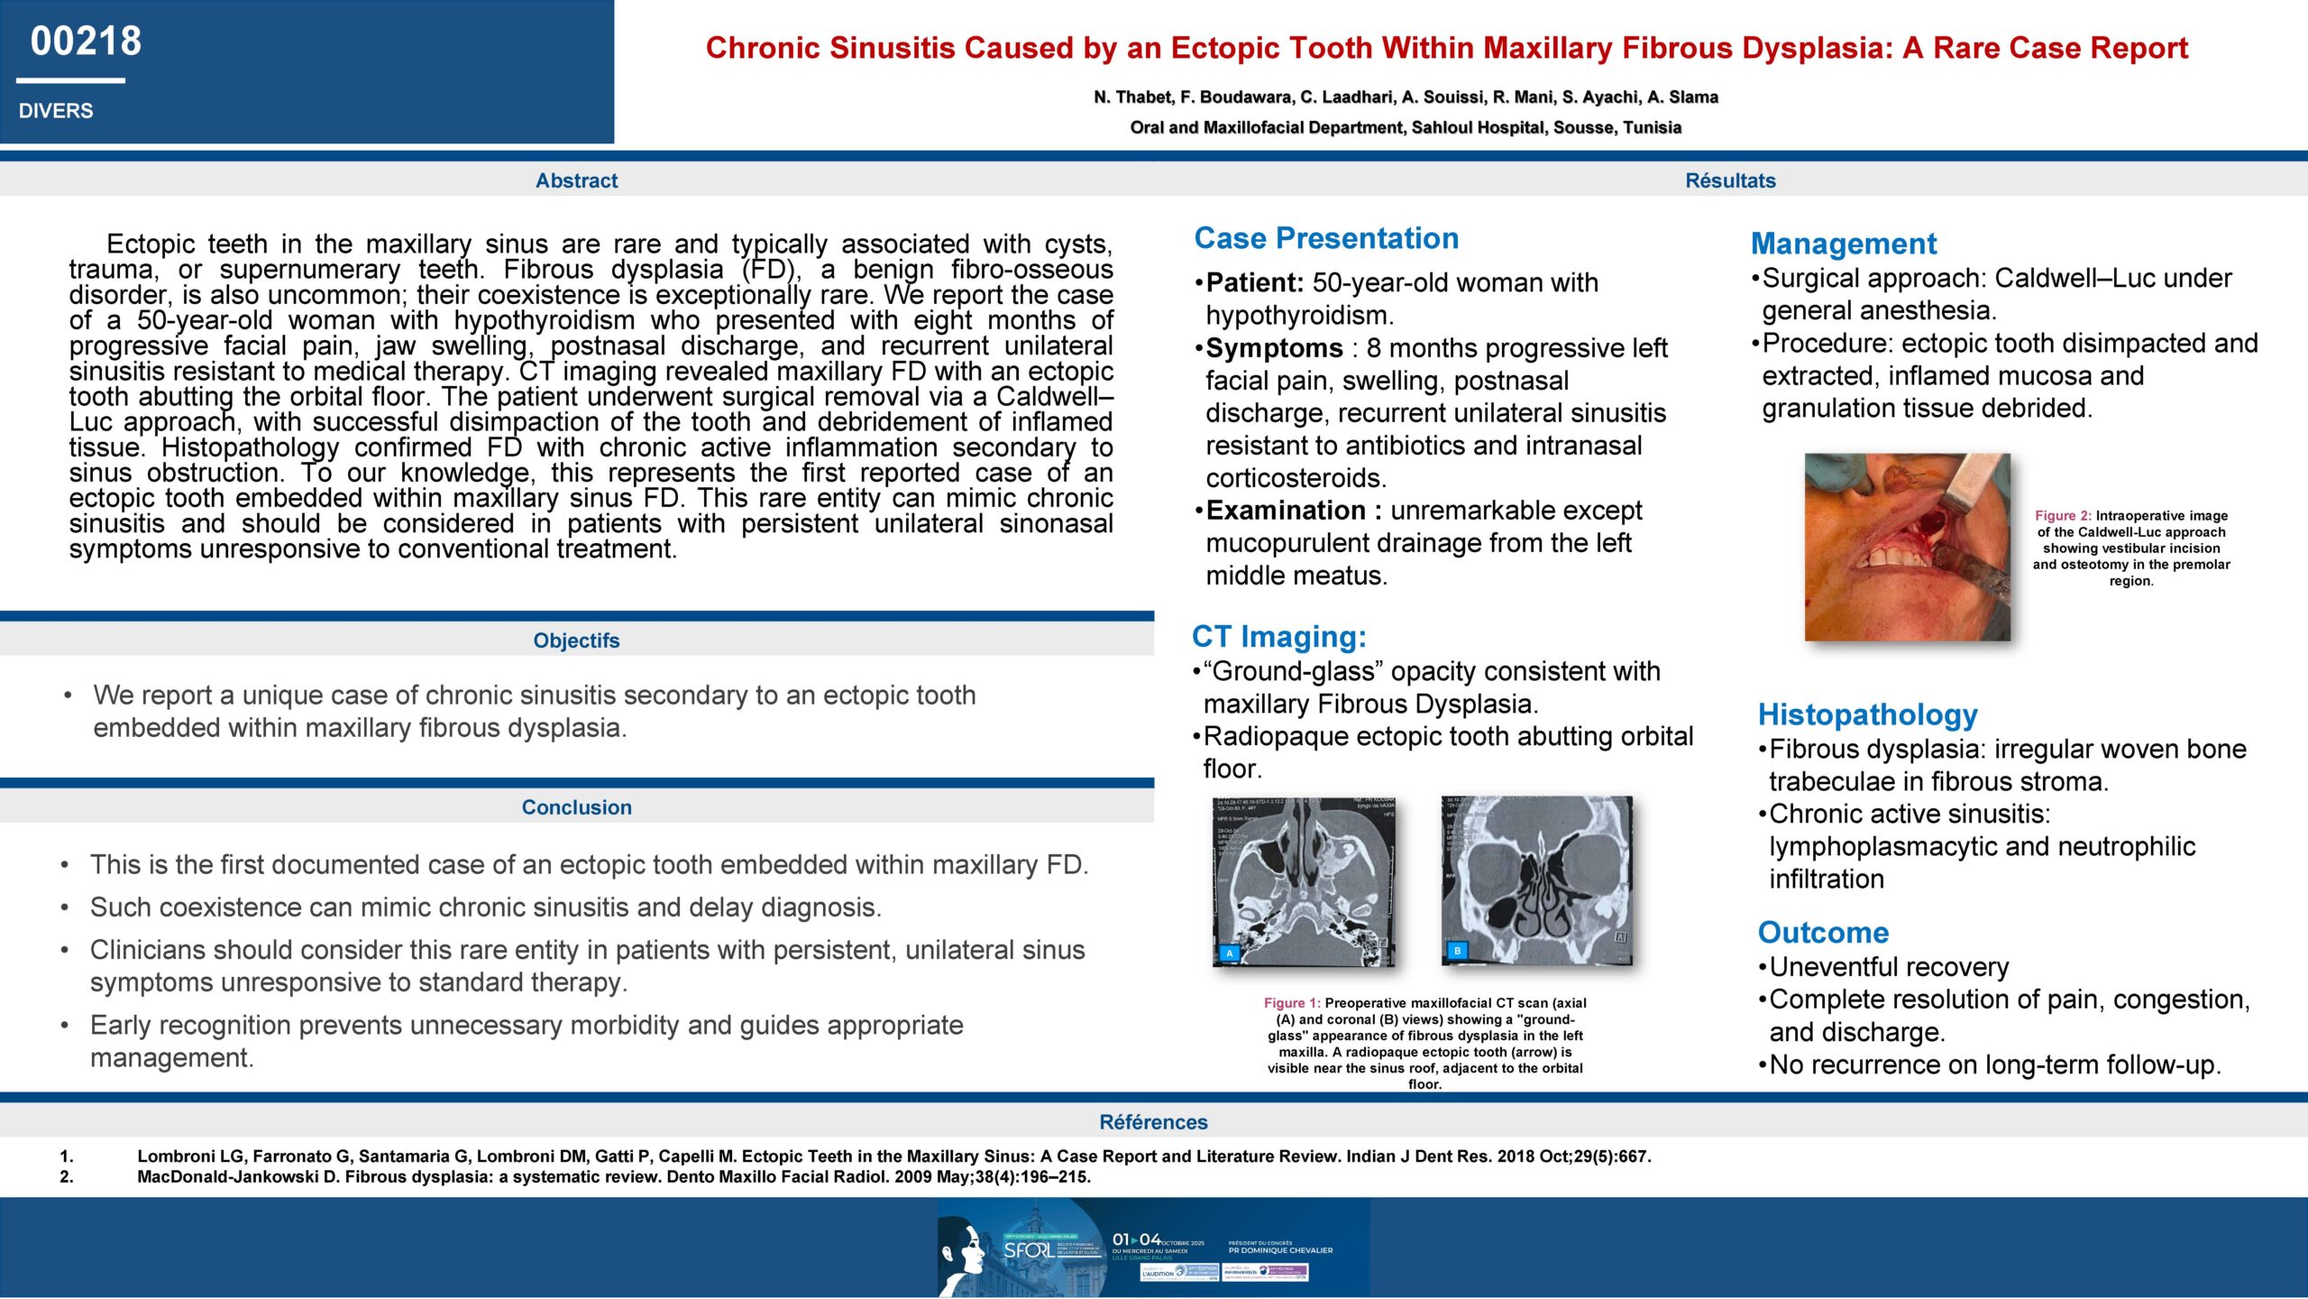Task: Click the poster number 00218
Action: [86, 41]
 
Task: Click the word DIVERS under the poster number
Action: [56, 111]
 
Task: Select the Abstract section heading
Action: [576, 180]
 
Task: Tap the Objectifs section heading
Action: [576, 640]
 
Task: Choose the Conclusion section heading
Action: [576, 807]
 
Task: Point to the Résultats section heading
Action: [1730, 180]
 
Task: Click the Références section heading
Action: [1153, 1122]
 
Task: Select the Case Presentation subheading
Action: [1326, 238]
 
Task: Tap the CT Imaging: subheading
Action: [1278, 637]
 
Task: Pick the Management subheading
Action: [1843, 244]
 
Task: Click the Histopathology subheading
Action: [1867, 714]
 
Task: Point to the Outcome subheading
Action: [1823, 933]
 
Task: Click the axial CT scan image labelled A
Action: [1304, 881]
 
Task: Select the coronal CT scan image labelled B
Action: [1536, 880]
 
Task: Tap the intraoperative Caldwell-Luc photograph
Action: [1907, 548]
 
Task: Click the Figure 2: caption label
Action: [2063, 516]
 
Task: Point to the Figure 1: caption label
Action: [1291, 1003]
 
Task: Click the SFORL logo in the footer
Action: [1028, 1250]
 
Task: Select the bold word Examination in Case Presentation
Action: [1285, 511]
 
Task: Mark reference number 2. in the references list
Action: [67, 1177]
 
